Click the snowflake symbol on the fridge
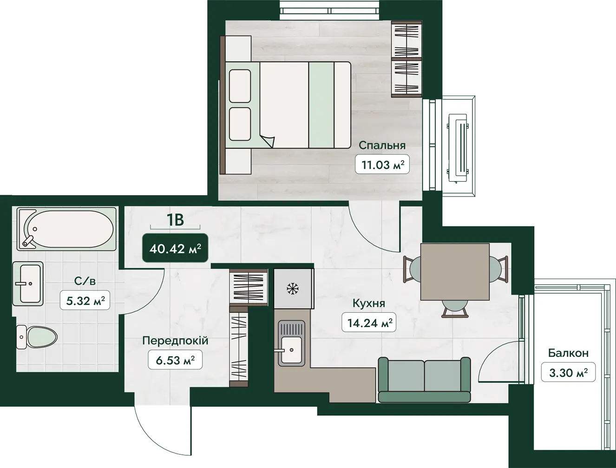click(x=293, y=289)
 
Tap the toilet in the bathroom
click(x=37, y=337)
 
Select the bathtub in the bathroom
click(x=66, y=229)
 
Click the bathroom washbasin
click(x=28, y=283)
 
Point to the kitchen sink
click(x=291, y=343)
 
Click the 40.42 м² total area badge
click(x=175, y=248)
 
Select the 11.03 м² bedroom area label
click(x=382, y=164)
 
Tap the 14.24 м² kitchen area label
click(x=369, y=323)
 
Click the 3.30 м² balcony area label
click(x=568, y=372)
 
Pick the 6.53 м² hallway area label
click(x=175, y=360)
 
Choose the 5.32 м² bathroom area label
click(x=85, y=300)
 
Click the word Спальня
click(x=382, y=145)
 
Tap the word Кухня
click(x=368, y=303)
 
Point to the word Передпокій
click(x=175, y=341)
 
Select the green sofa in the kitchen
click(x=424, y=380)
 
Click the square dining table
click(x=455, y=272)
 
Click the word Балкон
click(x=568, y=353)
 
